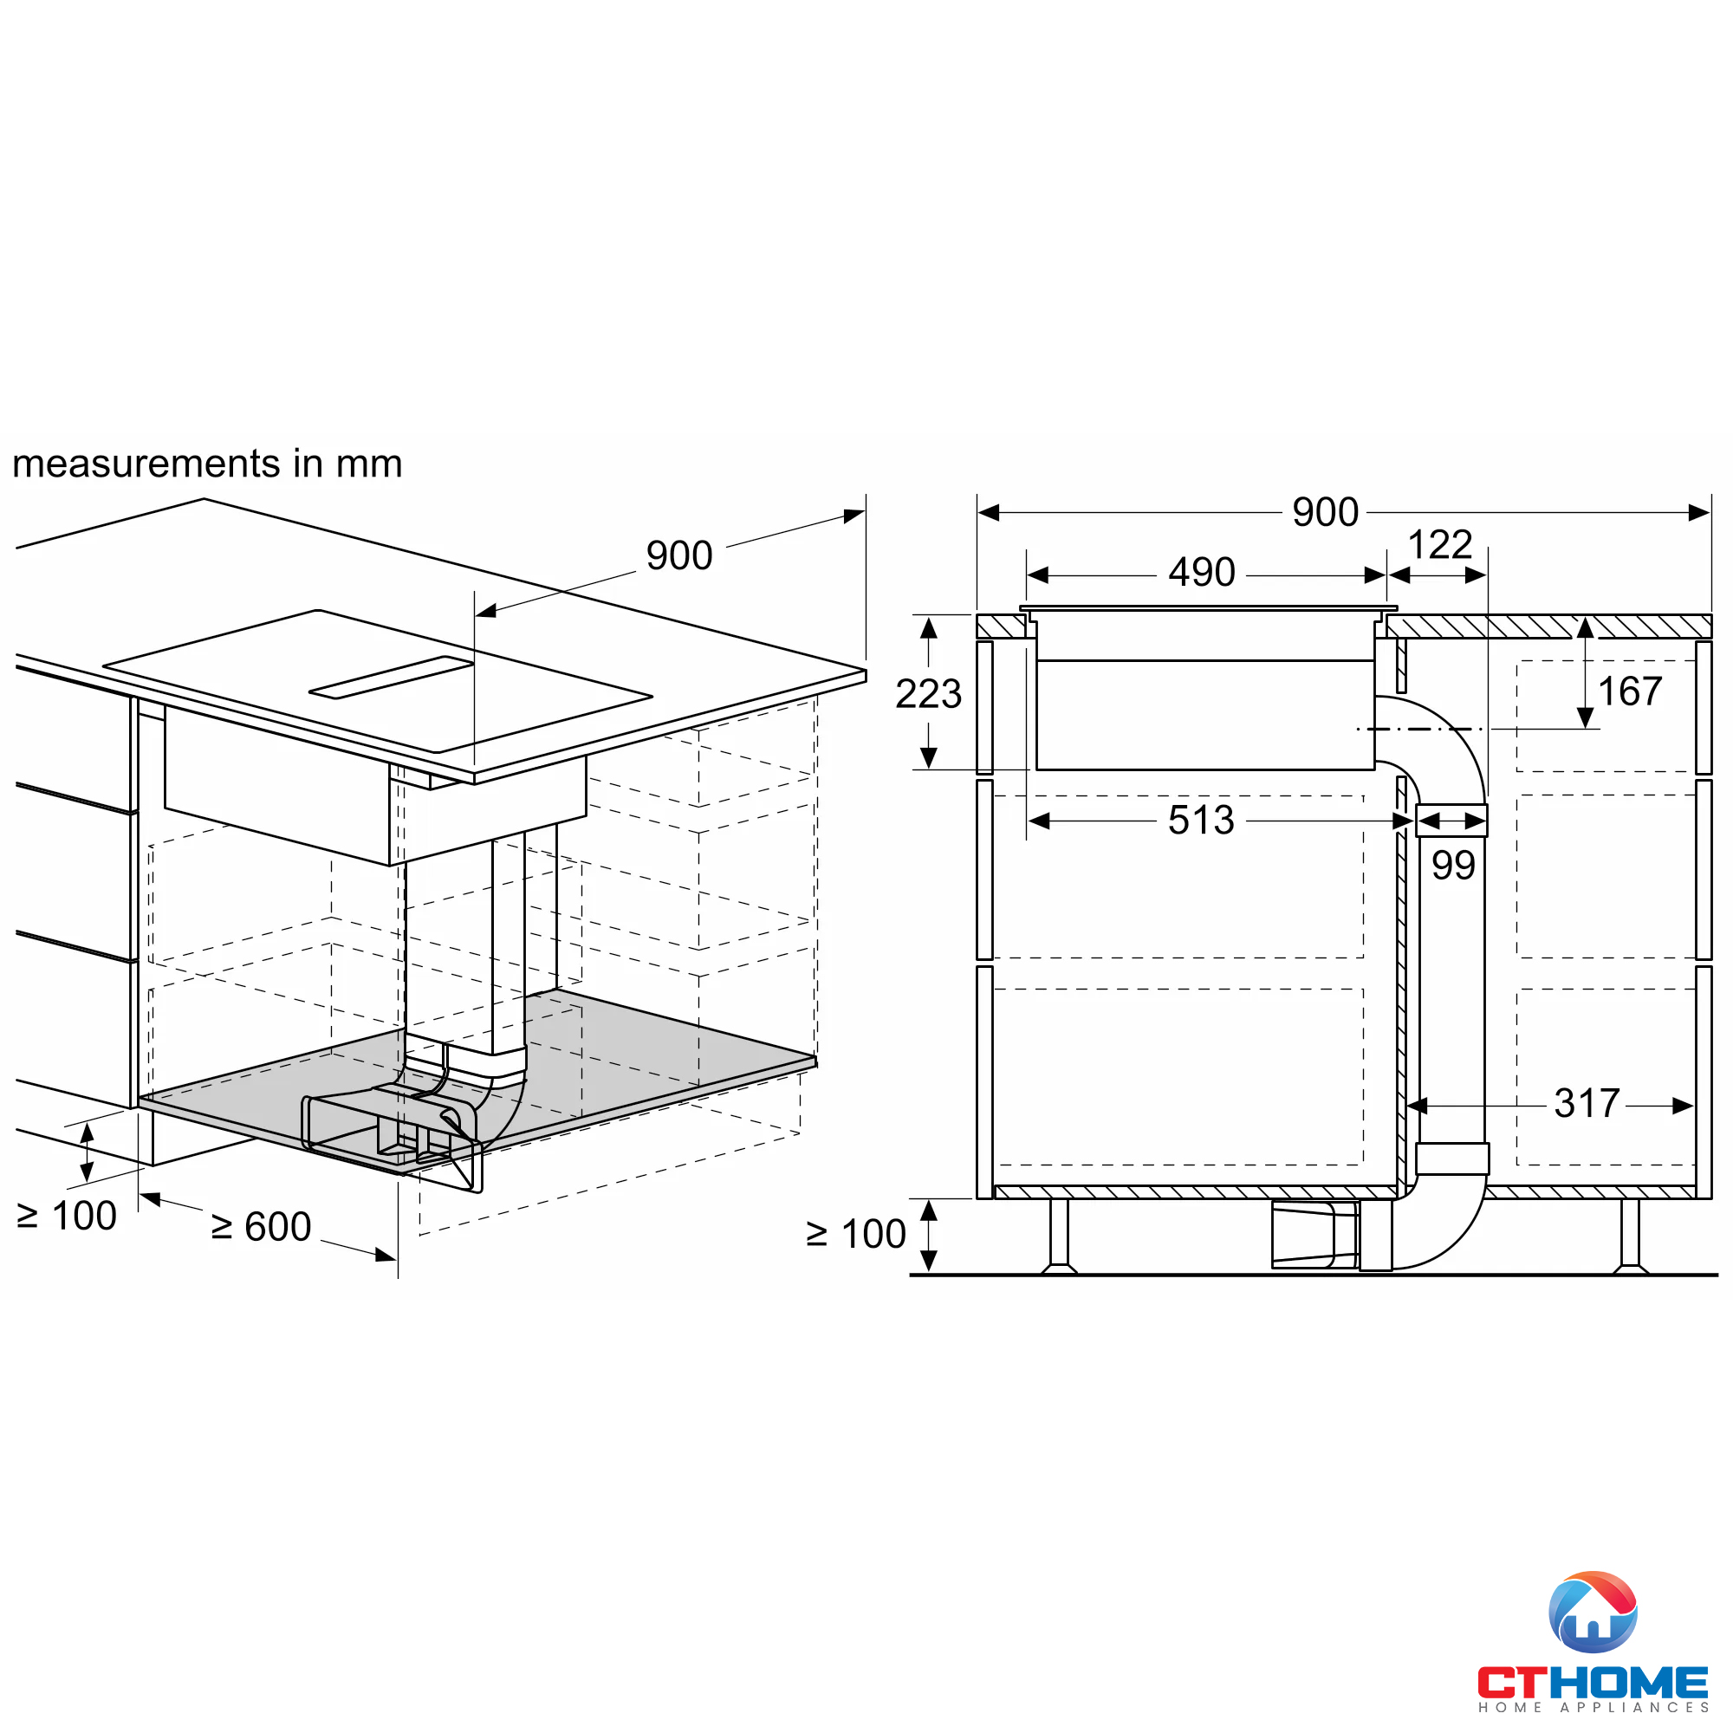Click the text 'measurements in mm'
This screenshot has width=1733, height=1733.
point(207,464)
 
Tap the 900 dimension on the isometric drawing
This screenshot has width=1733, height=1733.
point(679,555)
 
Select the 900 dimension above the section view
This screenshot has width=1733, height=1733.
point(1325,512)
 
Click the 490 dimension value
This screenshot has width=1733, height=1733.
point(1201,572)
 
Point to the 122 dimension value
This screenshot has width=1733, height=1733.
point(1439,544)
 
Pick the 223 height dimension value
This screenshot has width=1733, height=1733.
point(928,693)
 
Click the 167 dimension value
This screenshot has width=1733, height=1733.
point(1630,691)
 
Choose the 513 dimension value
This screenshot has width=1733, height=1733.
point(1201,820)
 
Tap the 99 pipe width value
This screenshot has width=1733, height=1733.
point(1453,865)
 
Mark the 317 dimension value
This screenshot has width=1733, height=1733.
point(1587,1103)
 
